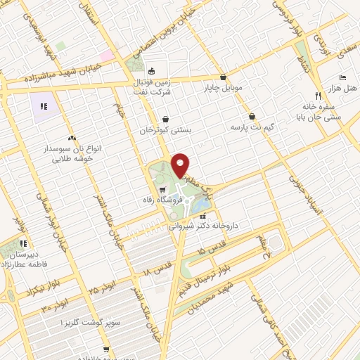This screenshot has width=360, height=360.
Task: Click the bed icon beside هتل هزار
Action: (342, 77)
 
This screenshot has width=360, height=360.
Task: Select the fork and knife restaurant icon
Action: (318, 95)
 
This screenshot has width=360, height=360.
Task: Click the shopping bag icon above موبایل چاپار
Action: (223, 78)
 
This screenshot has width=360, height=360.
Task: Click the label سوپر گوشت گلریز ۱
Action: (72, 321)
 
